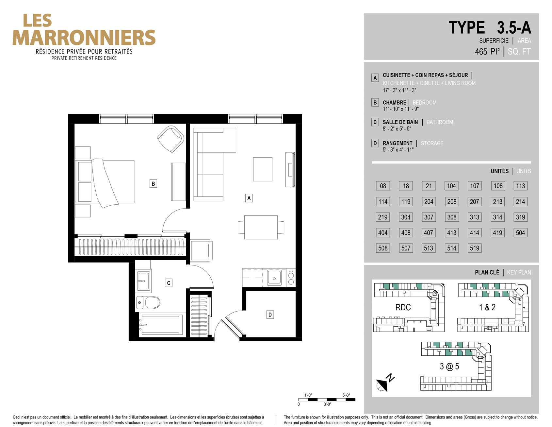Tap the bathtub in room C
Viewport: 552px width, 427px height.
pyautogui.click(x=161, y=324)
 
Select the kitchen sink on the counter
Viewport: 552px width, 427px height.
pyautogui.click(x=274, y=278)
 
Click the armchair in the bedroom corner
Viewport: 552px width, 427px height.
pyautogui.click(x=170, y=139)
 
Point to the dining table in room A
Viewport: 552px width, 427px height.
pyautogui.click(x=261, y=227)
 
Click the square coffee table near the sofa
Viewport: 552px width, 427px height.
pyautogui.click(x=263, y=169)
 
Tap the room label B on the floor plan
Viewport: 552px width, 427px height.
pyautogui.click(x=153, y=183)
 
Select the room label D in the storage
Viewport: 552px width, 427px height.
pyautogui.click(x=270, y=315)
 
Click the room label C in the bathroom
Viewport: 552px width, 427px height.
pyautogui.click(x=169, y=283)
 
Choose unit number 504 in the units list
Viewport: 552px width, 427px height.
pyautogui.click(x=520, y=233)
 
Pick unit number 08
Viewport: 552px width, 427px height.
pyautogui.click(x=383, y=186)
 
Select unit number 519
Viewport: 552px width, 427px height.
pyautogui.click(x=475, y=248)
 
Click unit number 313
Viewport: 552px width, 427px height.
pyautogui.click(x=475, y=217)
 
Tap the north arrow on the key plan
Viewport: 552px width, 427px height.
pyautogui.click(x=384, y=383)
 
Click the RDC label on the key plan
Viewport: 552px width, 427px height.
pyautogui.click(x=403, y=307)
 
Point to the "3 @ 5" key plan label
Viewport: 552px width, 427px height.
pyautogui.click(x=449, y=367)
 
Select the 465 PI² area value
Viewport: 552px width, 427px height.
pyautogui.click(x=487, y=52)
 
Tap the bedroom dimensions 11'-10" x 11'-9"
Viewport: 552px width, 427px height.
pyautogui.click(x=401, y=109)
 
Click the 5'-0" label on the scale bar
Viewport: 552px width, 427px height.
pyautogui.click(x=346, y=395)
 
